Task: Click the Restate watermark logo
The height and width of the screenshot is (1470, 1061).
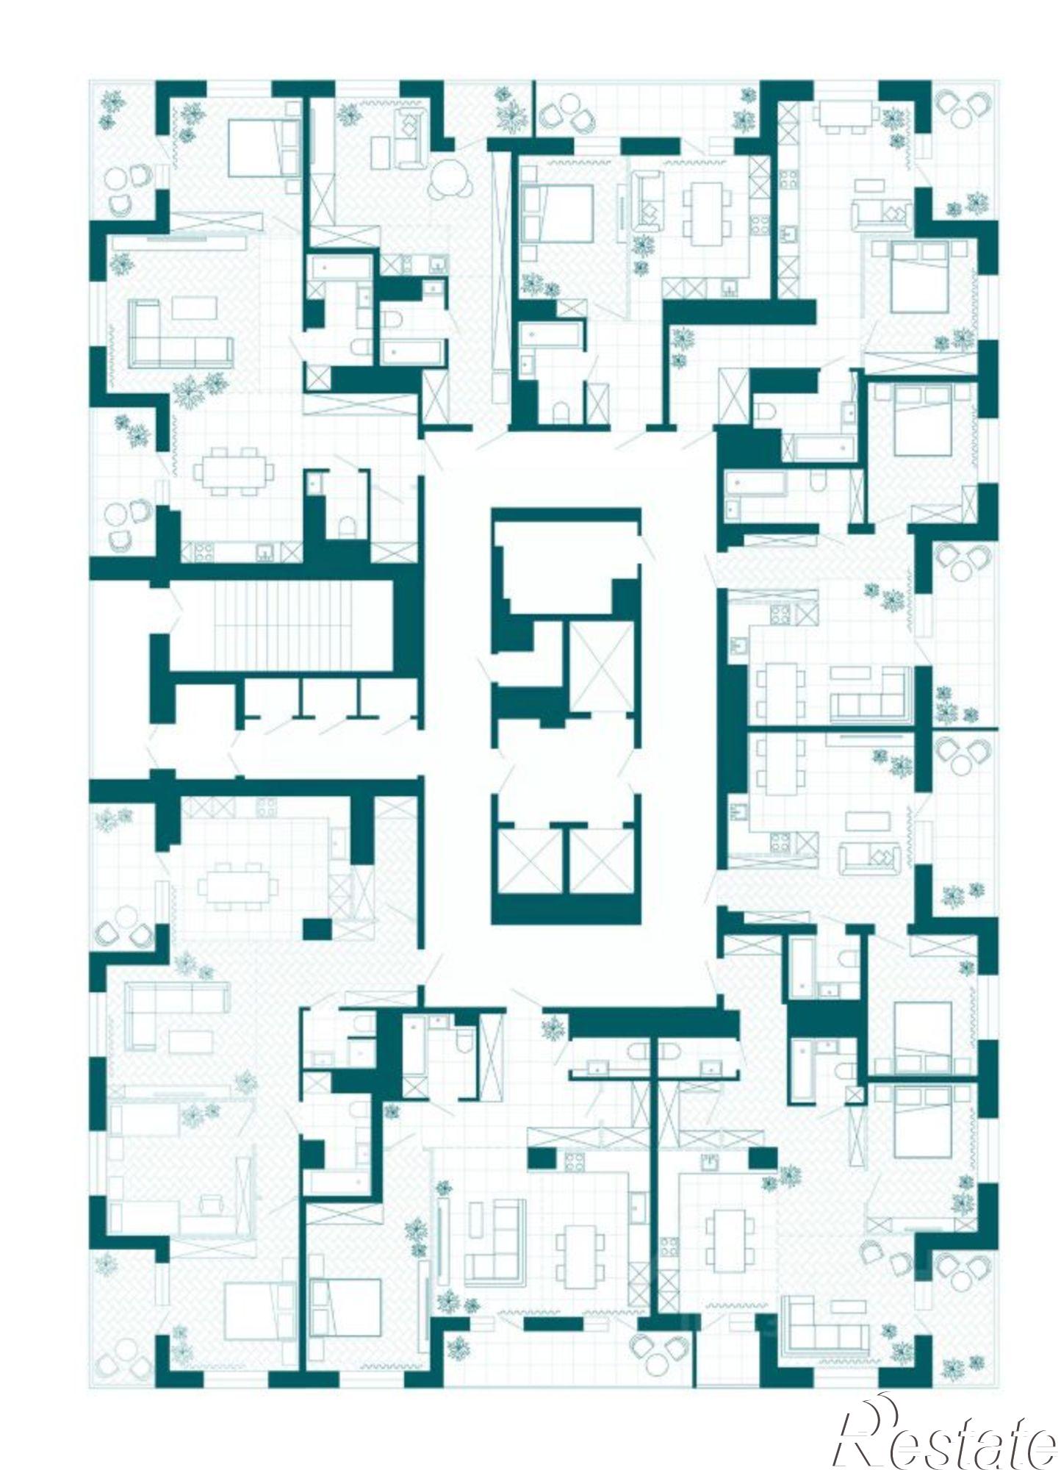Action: (948, 1432)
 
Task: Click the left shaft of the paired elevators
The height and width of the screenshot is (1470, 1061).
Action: (530, 861)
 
